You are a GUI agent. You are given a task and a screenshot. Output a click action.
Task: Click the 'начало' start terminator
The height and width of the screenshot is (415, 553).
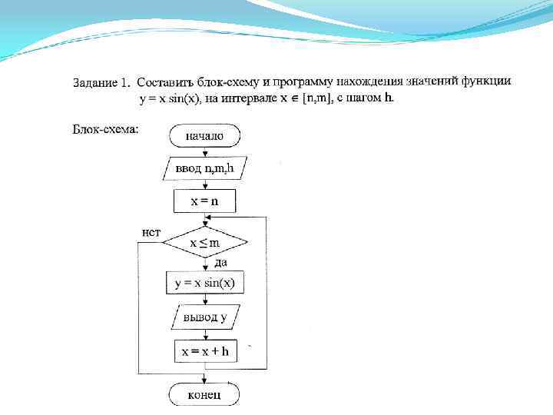pyautogui.click(x=204, y=136)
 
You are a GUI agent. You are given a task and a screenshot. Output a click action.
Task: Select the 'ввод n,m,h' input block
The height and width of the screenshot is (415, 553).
pyautogui.click(x=204, y=168)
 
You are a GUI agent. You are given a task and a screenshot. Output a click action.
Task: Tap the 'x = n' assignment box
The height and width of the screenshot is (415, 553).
pyautogui.click(x=204, y=201)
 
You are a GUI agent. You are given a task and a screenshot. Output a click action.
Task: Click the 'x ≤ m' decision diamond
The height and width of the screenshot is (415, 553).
pyautogui.click(x=204, y=243)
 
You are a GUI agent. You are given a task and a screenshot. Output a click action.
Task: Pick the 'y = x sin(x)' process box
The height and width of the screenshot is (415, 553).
pyautogui.click(x=204, y=283)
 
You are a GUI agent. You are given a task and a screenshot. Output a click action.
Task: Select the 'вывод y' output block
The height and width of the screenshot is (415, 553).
pyautogui.click(x=204, y=317)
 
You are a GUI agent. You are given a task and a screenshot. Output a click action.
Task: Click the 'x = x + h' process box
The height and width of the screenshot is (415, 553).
pyautogui.click(x=204, y=352)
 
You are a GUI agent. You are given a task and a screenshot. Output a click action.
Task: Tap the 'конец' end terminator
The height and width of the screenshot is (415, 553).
pyautogui.click(x=204, y=394)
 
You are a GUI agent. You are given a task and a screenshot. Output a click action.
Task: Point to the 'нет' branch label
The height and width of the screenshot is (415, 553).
pyautogui.click(x=151, y=231)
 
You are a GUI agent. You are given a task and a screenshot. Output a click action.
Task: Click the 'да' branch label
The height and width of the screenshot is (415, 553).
pyautogui.click(x=220, y=263)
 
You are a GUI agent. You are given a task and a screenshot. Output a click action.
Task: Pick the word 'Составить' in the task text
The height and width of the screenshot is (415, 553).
pyautogui.click(x=162, y=81)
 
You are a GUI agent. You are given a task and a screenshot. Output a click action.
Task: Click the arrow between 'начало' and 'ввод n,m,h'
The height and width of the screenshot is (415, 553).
pyautogui.click(x=204, y=152)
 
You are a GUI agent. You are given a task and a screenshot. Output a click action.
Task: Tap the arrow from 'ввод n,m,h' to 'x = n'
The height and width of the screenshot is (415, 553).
pyautogui.click(x=204, y=185)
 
